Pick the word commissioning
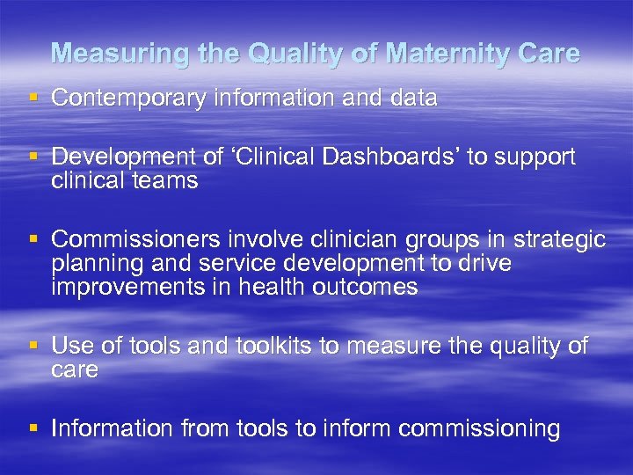pyautogui.click(x=479, y=429)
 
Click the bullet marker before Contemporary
pyautogui.click(x=33, y=99)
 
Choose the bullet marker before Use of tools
pyautogui.click(x=33, y=347)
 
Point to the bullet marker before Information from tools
pyautogui.click(x=33, y=428)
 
